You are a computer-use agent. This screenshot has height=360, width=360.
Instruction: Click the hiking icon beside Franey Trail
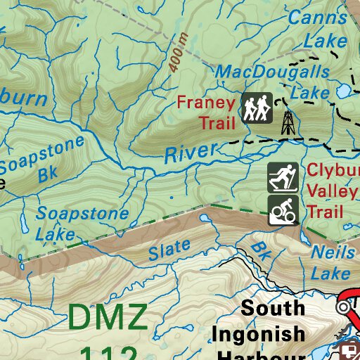click(257, 108)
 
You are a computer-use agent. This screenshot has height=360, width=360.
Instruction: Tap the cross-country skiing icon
click(283, 179)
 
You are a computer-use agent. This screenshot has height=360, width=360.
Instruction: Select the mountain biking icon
click(283, 210)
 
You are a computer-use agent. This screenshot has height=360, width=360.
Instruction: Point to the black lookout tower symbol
click(288, 123)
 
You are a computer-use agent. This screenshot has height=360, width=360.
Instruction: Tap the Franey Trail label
click(205, 112)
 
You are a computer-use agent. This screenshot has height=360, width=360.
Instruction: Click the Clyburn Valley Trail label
click(332, 191)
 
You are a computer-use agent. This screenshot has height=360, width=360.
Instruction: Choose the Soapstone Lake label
click(82, 224)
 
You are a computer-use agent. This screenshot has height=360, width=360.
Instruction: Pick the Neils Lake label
click(331, 262)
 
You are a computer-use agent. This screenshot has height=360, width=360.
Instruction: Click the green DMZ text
click(108, 317)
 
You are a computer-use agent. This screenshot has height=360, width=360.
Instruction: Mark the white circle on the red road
click(344, 307)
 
